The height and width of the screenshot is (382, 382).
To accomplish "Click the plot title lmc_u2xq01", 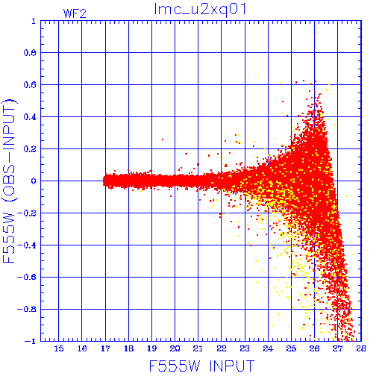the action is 201,10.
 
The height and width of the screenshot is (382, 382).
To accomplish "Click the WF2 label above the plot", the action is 75,13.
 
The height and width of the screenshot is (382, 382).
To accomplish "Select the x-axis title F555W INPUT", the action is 201,366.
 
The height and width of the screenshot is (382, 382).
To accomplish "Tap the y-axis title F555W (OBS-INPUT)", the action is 9,181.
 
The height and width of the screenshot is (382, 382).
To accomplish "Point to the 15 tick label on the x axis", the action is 59,348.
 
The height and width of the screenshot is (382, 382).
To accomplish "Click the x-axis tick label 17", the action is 105,348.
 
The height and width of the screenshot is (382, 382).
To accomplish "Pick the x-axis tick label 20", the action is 175,348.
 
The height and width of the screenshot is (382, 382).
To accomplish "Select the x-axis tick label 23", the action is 245,348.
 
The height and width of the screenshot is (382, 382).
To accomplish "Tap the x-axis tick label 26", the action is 314,348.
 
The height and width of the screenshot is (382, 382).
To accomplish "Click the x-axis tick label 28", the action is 361,348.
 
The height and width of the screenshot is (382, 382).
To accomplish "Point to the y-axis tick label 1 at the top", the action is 34,21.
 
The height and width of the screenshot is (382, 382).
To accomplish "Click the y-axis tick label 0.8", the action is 30,53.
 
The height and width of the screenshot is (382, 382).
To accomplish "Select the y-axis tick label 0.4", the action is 30,117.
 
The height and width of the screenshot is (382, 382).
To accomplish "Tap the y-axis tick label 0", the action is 34,181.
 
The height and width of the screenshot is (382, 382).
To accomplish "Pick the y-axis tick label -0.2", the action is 27,213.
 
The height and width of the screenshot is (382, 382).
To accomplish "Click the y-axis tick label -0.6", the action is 27,277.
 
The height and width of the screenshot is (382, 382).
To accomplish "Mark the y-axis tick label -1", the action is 31,341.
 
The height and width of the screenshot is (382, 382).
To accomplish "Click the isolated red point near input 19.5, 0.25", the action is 163,140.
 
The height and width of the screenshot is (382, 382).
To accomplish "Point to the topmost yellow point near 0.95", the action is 317,28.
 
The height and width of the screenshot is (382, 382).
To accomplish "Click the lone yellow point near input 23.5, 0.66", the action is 256,75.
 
